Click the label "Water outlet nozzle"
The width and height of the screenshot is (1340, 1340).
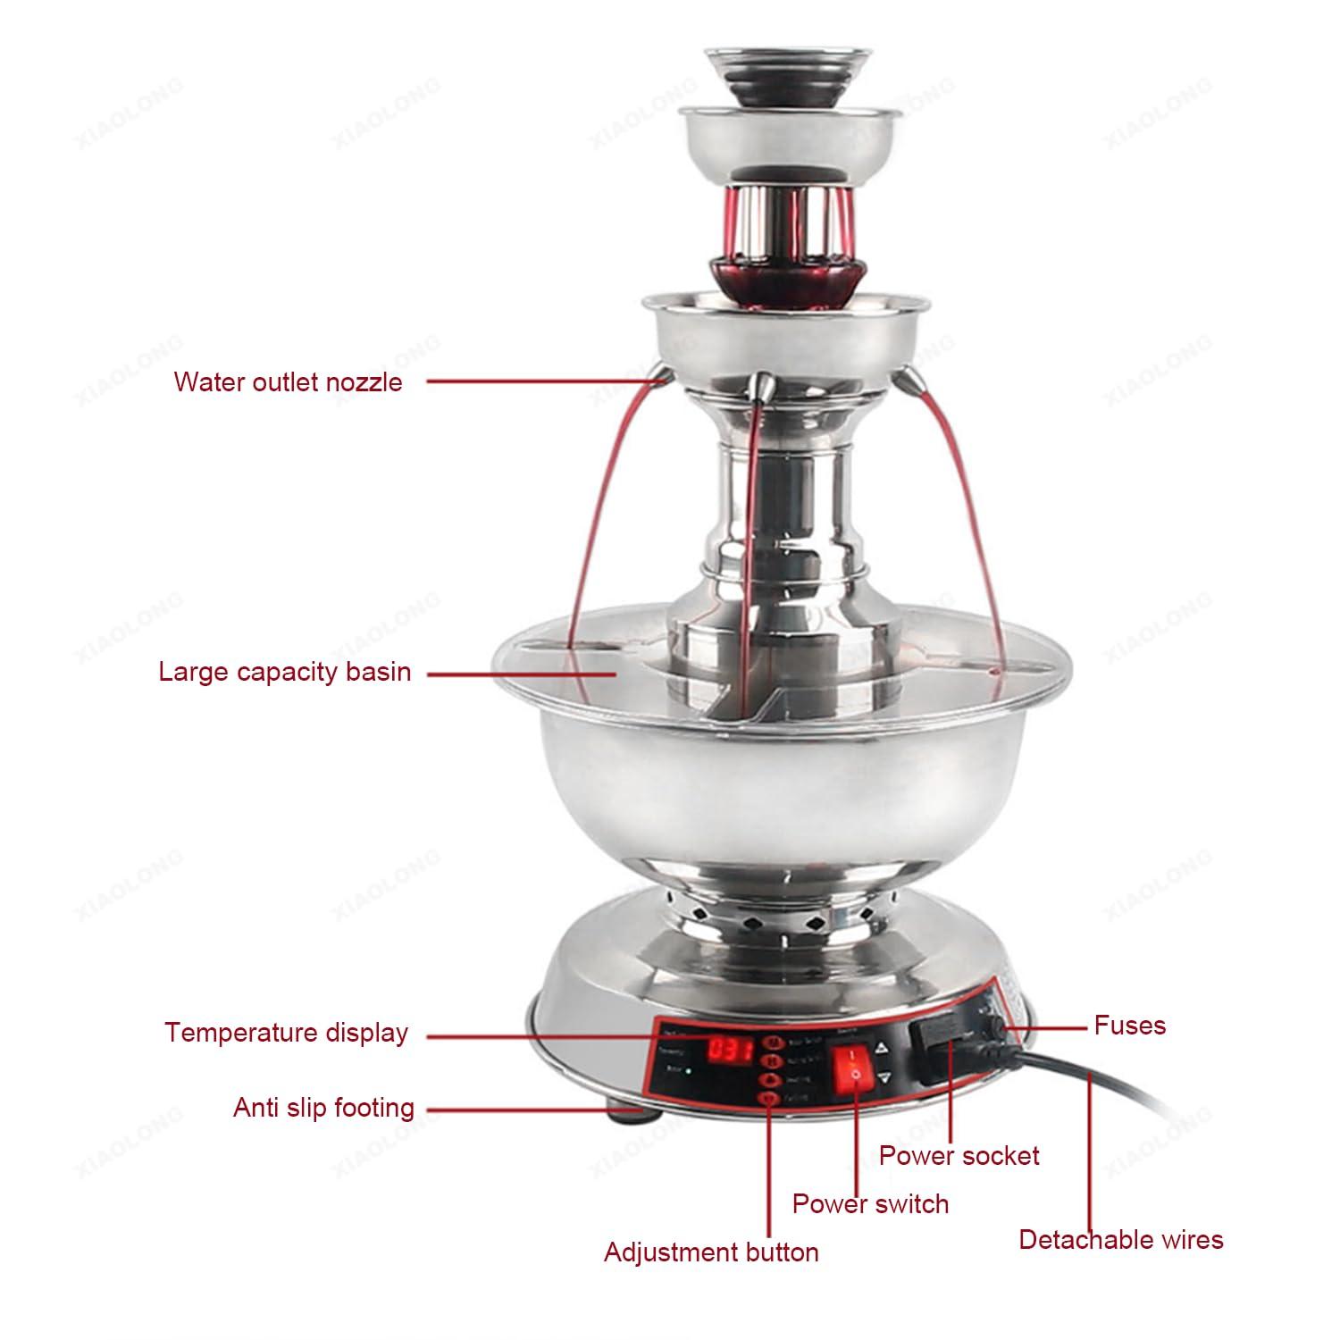point(288,382)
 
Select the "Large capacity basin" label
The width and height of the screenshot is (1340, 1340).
point(284,672)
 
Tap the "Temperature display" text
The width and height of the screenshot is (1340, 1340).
point(286,1033)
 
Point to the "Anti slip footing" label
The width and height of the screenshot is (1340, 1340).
point(323,1108)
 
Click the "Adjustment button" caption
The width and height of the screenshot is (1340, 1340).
point(711,1252)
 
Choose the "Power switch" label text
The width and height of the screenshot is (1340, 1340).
point(870,1203)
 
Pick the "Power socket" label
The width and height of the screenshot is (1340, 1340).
point(959,1155)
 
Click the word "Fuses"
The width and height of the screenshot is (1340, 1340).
point(1130,1025)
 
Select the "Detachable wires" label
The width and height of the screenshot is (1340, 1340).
point(1121,1240)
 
